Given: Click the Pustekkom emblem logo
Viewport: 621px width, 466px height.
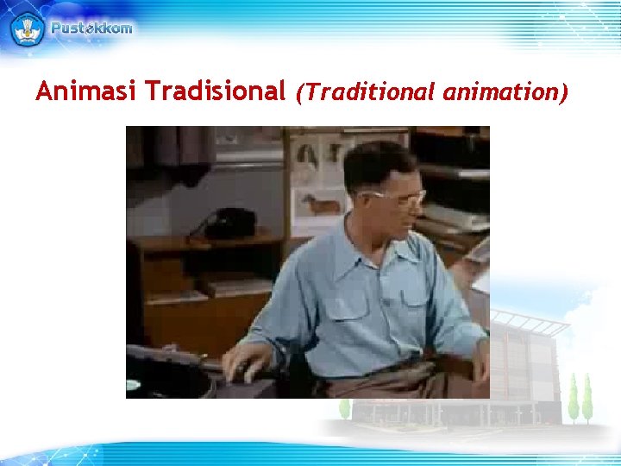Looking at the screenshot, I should tap(27, 28).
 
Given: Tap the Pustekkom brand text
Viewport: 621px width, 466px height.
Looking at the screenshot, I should tap(91, 28).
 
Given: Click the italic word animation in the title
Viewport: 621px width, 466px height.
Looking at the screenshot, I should tap(505, 91).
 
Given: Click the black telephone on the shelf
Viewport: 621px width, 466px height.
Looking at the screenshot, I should tap(223, 224).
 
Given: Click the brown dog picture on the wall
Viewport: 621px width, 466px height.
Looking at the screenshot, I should tap(322, 204).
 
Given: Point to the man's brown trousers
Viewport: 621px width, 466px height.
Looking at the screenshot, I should tap(388, 380).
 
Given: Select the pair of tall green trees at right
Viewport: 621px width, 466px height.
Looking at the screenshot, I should tap(580, 398).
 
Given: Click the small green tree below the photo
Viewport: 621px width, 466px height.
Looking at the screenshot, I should tap(345, 407).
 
